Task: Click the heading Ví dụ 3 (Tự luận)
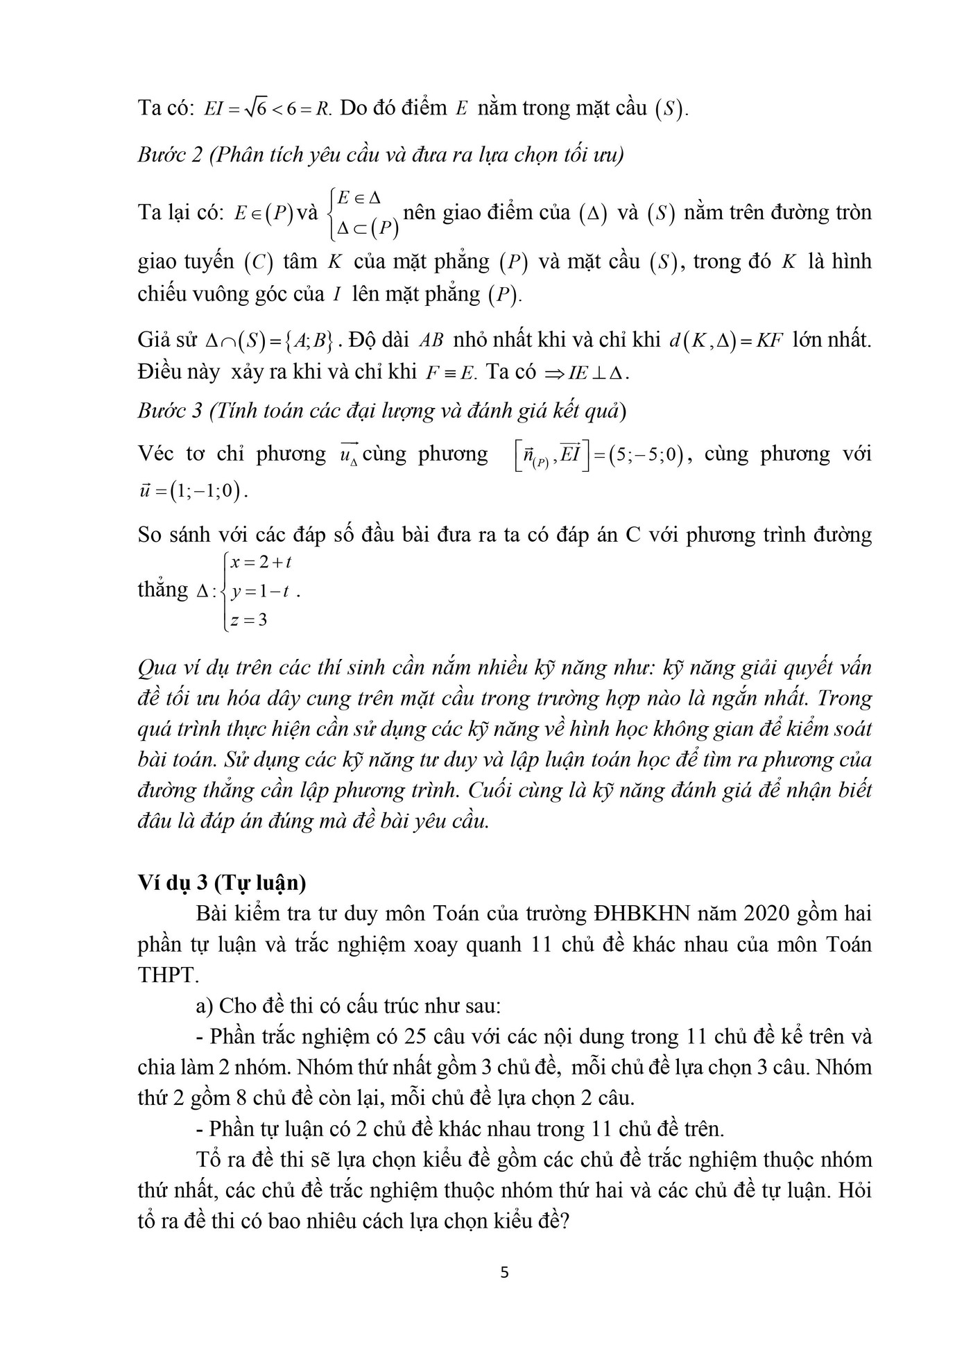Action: [x=222, y=883]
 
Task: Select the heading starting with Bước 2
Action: [x=380, y=154]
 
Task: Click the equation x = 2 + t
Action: [x=261, y=563]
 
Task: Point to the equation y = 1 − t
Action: [x=261, y=592]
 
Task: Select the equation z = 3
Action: [x=249, y=620]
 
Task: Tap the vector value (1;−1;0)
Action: [x=210, y=492]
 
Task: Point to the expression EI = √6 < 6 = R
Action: [x=267, y=110]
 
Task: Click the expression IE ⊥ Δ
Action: [x=598, y=373]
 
